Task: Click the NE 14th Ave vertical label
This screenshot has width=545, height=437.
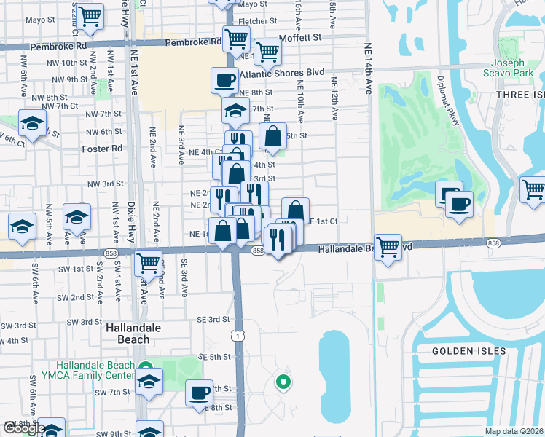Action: [x=368, y=69]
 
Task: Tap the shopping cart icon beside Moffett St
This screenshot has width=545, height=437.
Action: [x=268, y=51]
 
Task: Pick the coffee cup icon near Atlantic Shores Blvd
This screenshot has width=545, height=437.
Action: [x=224, y=79]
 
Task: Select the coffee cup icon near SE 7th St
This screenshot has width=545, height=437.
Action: [x=199, y=393]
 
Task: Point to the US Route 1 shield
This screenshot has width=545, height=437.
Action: [x=238, y=336]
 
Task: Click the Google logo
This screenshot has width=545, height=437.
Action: [x=23, y=428]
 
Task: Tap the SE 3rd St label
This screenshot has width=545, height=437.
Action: [x=213, y=319]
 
